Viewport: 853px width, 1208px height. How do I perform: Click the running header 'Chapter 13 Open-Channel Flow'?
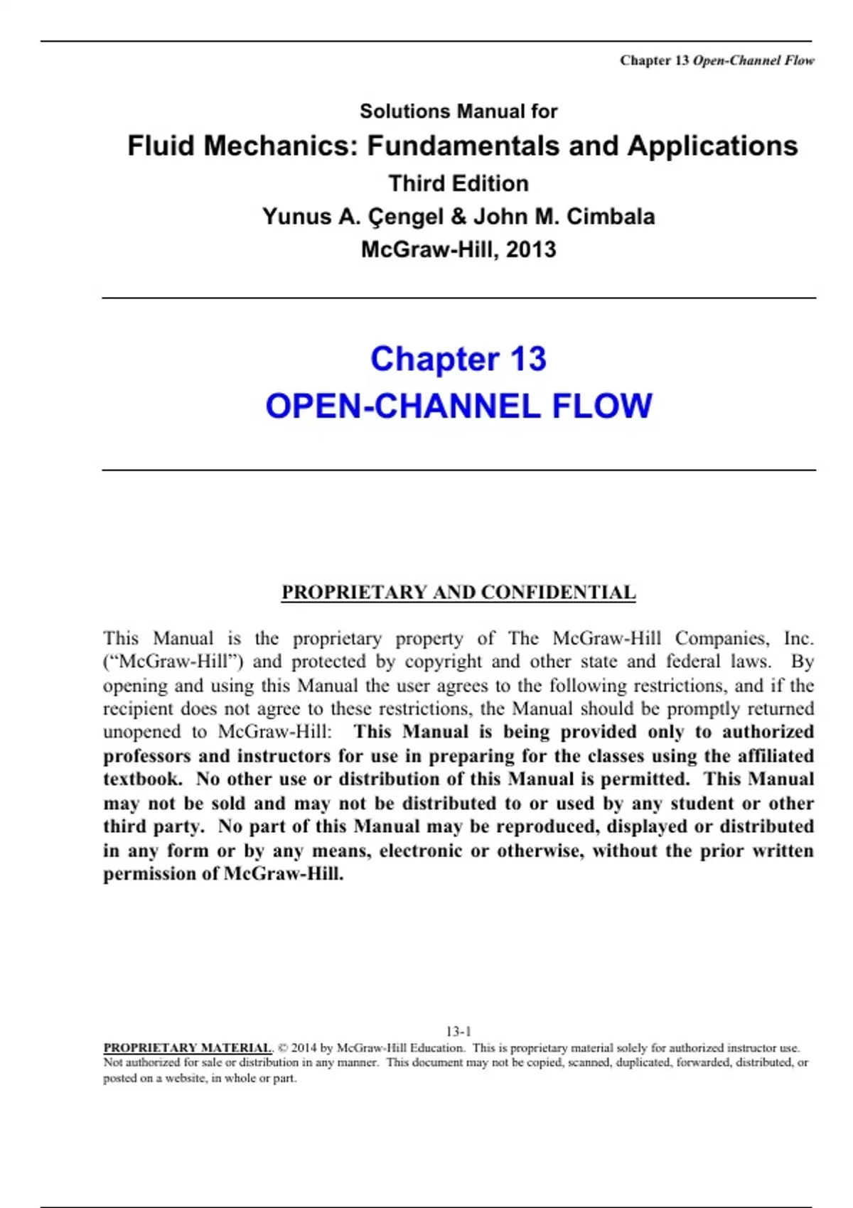[717, 60]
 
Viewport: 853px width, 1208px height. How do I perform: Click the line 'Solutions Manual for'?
[458, 112]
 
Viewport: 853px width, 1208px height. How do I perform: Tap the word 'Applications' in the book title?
[712, 146]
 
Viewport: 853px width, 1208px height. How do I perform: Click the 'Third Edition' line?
[458, 183]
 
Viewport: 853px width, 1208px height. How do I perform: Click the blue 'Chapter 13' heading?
[458, 359]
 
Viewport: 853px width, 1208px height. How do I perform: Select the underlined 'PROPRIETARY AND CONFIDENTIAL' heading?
[458, 593]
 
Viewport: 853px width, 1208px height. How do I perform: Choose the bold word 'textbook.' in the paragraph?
[142, 780]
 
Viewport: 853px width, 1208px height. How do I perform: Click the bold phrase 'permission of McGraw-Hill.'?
[223, 874]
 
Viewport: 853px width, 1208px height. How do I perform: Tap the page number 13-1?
[458, 1031]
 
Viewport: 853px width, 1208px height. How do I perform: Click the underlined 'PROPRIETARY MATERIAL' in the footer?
[188, 1048]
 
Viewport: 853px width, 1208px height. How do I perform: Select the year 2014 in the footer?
[304, 1048]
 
